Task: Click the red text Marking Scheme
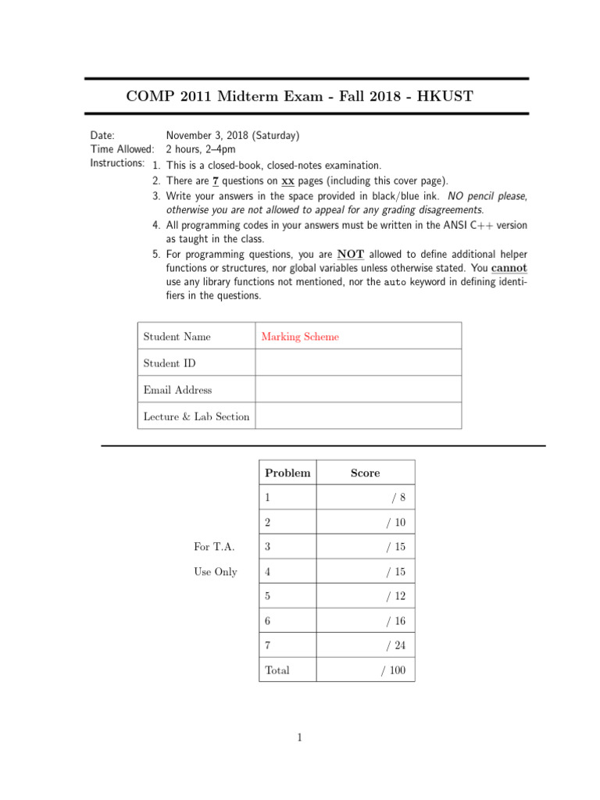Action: coord(300,337)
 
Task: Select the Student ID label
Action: coord(170,363)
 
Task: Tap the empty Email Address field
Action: coord(358,390)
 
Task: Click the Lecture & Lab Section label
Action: coord(196,416)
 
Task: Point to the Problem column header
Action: coord(287,473)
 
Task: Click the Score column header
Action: coord(365,473)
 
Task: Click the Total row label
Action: coord(277,670)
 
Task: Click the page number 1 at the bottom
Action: coord(300,737)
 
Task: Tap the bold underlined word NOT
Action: coord(350,255)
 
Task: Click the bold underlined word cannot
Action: coord(509,268)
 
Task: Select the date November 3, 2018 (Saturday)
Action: coord(232,136)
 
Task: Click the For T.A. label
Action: coord(214,547)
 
